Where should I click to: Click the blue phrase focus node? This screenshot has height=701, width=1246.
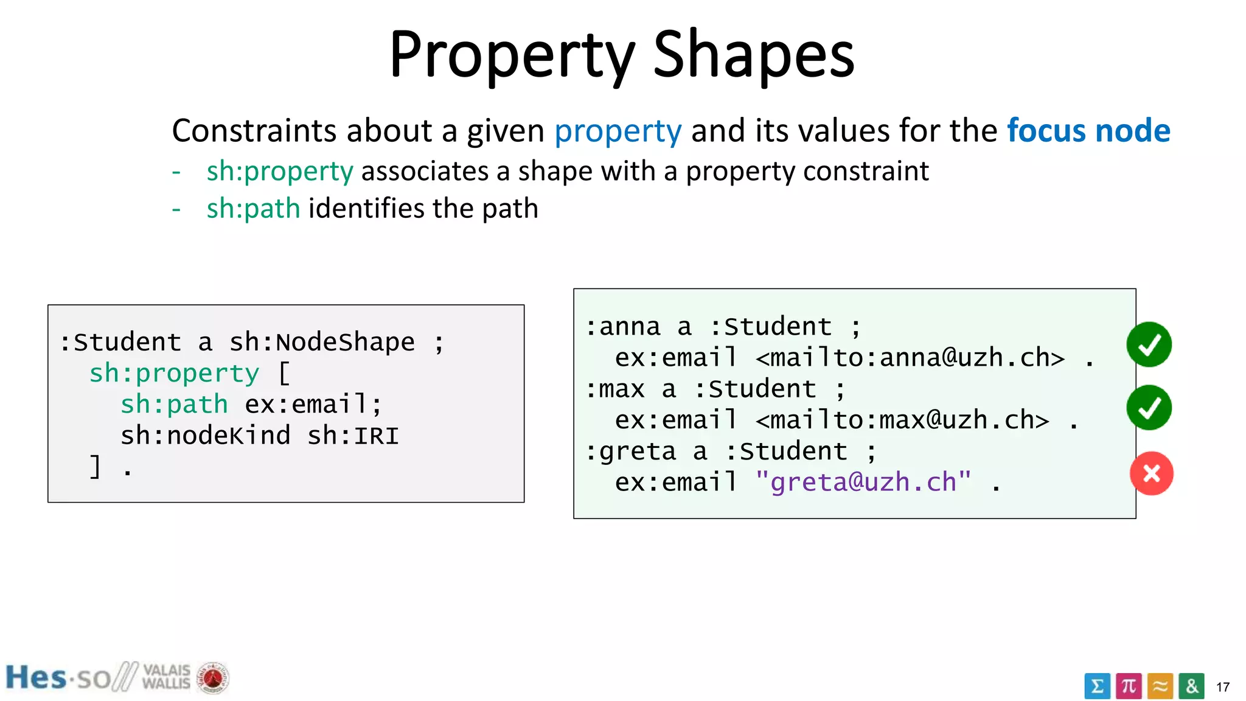[x=1088, y=130]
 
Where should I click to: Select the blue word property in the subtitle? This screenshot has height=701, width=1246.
[x=618, y=131]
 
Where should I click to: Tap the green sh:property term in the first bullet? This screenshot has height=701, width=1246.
[x=279, y=172]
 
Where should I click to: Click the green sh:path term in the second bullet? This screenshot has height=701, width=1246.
[x=253, y=209]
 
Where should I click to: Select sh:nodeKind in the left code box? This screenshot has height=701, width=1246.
[x=205, y=436]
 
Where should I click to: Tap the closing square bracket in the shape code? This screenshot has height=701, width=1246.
[x=96, y=467]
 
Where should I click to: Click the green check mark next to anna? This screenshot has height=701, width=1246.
[x=1149, y=345]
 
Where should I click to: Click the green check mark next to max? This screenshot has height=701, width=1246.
[x=1149, y=408]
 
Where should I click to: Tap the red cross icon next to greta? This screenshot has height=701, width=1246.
[x=1151, y=473]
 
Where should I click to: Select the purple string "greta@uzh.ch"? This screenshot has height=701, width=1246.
[x=863, y=483]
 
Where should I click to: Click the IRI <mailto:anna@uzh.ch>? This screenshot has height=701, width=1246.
[x=910, y=358]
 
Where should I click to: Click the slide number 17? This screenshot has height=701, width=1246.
[x=1223, y=687]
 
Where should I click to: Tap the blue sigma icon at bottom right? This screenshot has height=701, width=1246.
[x=1097, y=686]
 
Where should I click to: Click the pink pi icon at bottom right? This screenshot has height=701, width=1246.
[x=1129, y=686]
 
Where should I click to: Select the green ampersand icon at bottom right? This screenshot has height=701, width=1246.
[x=1191, y=686]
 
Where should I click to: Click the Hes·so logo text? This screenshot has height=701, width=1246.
[x=58, y=678]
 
